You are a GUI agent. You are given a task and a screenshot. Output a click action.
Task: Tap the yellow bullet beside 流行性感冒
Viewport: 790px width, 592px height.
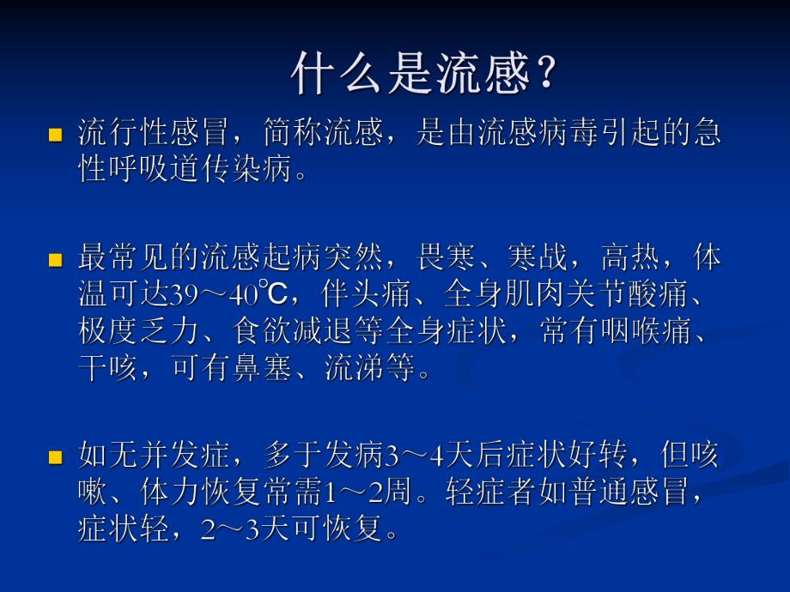(56, 135)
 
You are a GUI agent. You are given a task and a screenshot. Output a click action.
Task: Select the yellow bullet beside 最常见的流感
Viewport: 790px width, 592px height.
(56, 260)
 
